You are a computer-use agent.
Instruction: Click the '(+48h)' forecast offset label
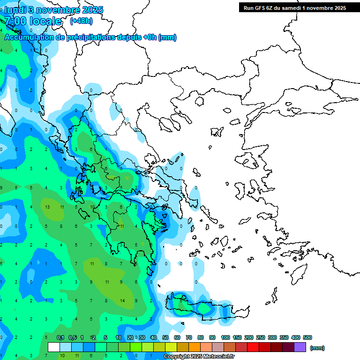pyautogui.click(x=82, y=21)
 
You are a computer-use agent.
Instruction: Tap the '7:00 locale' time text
pyautogui.click(x=33, y=21)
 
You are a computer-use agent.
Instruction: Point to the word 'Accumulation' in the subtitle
pyautogui.click(x=30, y=37)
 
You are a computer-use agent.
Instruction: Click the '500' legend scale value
pyautogui.click(x=307, y=337)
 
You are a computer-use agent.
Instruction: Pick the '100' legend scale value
pyautogui.click(x=225, y=337)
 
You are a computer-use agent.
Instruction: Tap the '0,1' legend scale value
pyautogui.click(x=60, y=337)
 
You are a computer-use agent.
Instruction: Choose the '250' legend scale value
pyautogui.click(x=261, y=337)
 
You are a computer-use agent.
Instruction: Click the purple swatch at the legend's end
pyautogui.click(x=300, y=347)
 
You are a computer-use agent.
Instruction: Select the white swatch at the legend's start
pyautogui.click(x=54, y=347)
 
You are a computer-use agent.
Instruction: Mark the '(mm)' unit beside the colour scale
pyautogui.click(x=317, y=348)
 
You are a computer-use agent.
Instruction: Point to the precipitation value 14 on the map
pyautogui.click(x=122, y=300)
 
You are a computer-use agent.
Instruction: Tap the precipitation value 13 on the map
pyautogui.click(x=47, y=207)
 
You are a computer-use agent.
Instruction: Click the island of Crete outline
pyautogui.click(x=206, y=309)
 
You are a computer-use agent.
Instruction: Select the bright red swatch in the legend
pyautogui.click(x=253, y=347)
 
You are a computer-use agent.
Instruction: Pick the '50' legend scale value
pyautogui.click(x=165, y=337)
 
